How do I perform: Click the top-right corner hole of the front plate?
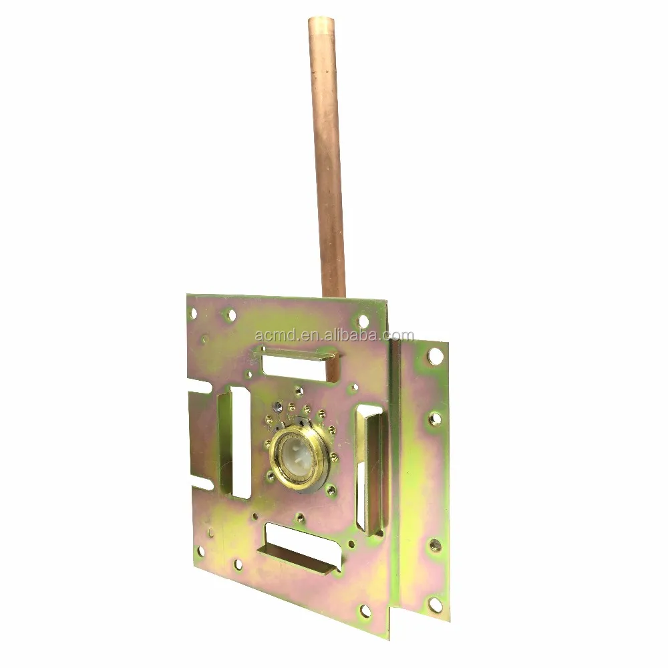click(363, 321)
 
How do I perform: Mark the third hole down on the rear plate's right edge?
click(435, 545)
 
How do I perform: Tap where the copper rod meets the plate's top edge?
click(333, 295)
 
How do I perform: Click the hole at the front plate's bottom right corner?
click(365, 609)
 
